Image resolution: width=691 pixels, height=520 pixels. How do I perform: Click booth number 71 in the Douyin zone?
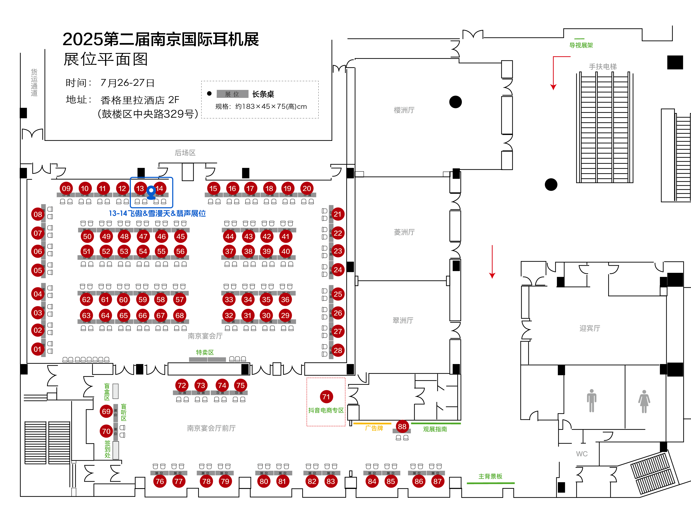click(326, 397)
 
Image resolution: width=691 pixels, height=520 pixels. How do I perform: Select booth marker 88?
click(402, 426)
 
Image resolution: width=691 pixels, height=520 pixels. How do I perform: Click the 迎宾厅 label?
click(590, 328)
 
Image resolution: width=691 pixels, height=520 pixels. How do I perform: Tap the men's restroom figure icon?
click(591, 400)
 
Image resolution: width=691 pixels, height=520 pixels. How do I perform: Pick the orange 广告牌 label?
click(374, 428)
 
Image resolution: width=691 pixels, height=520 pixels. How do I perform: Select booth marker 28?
click(338, 350)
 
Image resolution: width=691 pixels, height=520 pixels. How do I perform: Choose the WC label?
click(582, 454)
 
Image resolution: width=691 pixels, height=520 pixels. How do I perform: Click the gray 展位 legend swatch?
click(232, 94)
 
